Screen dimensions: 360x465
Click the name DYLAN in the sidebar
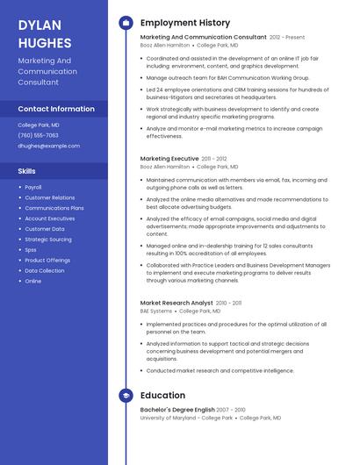(x=39, y=25)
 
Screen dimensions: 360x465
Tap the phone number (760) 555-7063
(x=38, y=135)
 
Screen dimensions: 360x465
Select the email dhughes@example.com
(x=48, y=146)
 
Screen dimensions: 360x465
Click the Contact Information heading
(x=56, y=109)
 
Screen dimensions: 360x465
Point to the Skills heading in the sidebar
(x=27, y=171)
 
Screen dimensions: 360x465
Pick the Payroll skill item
(x=33, y=187)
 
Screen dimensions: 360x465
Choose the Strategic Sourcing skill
(x=48, y=240)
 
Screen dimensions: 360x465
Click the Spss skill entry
(x=31, y=250)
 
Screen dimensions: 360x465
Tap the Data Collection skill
(x=45, y=271)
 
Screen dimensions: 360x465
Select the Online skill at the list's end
(x=33, y=282)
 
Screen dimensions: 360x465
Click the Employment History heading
(x=185, y=23)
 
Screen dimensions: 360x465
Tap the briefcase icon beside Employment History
(x=126, y=23)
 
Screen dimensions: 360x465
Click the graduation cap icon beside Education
(x=126, y=396)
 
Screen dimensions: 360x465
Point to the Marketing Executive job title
(x=169, y=159)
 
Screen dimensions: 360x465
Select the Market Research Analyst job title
(x=176, y=303)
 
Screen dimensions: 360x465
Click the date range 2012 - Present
(x=287, y=38)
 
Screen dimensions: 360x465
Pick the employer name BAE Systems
(x=155, y=311)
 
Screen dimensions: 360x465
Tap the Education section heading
(x=162, y=396)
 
